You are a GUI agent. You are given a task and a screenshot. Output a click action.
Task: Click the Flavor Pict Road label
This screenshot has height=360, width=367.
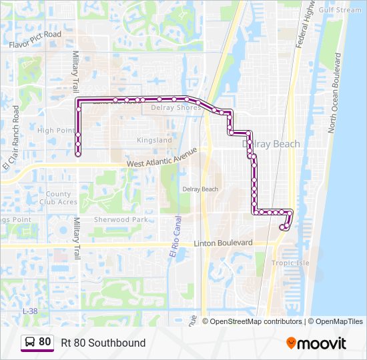point(35,39)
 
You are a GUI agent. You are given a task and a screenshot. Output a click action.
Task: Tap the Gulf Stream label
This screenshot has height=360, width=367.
point(340,10)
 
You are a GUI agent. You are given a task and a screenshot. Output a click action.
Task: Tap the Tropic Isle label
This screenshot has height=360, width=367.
point(290,263)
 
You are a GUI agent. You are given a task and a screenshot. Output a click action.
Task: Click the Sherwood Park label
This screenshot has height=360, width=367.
point(121,219)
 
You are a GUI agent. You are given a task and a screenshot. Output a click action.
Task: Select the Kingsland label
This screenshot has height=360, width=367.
point(154,141)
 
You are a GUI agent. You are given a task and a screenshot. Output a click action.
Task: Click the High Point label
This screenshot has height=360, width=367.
point(56,131)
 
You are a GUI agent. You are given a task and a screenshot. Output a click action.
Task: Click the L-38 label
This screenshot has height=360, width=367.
point(30,311)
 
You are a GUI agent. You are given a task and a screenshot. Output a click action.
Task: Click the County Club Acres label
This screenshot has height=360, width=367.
point(58,197)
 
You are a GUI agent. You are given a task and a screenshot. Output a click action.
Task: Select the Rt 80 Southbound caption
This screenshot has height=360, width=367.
point(103,343)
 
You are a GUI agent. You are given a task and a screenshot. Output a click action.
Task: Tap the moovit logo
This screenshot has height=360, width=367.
point(316,343)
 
